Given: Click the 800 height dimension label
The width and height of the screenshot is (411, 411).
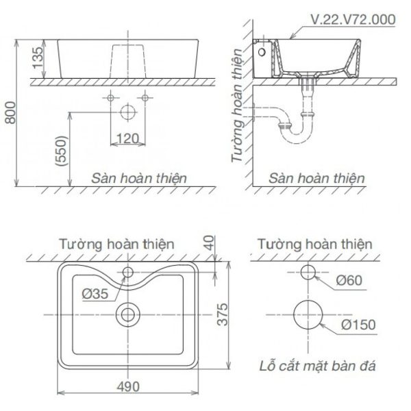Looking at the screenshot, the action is coord(11,113).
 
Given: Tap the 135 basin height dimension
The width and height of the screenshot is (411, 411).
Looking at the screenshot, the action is coord(38,58).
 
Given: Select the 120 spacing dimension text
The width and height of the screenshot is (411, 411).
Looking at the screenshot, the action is coord(127,138).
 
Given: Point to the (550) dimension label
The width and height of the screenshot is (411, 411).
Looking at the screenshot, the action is coord(62,151).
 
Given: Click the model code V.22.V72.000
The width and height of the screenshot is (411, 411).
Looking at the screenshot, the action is coord(353,20).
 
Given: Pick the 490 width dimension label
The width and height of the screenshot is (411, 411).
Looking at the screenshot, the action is coord(128,387).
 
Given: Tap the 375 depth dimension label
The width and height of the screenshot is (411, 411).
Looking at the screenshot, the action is coord(223,314).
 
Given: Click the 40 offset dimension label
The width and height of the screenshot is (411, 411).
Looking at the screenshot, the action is coord(210,243).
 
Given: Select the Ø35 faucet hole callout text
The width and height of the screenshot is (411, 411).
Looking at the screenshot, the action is coord(95,294).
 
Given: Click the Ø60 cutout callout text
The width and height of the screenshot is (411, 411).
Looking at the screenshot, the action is coord(349,280).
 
